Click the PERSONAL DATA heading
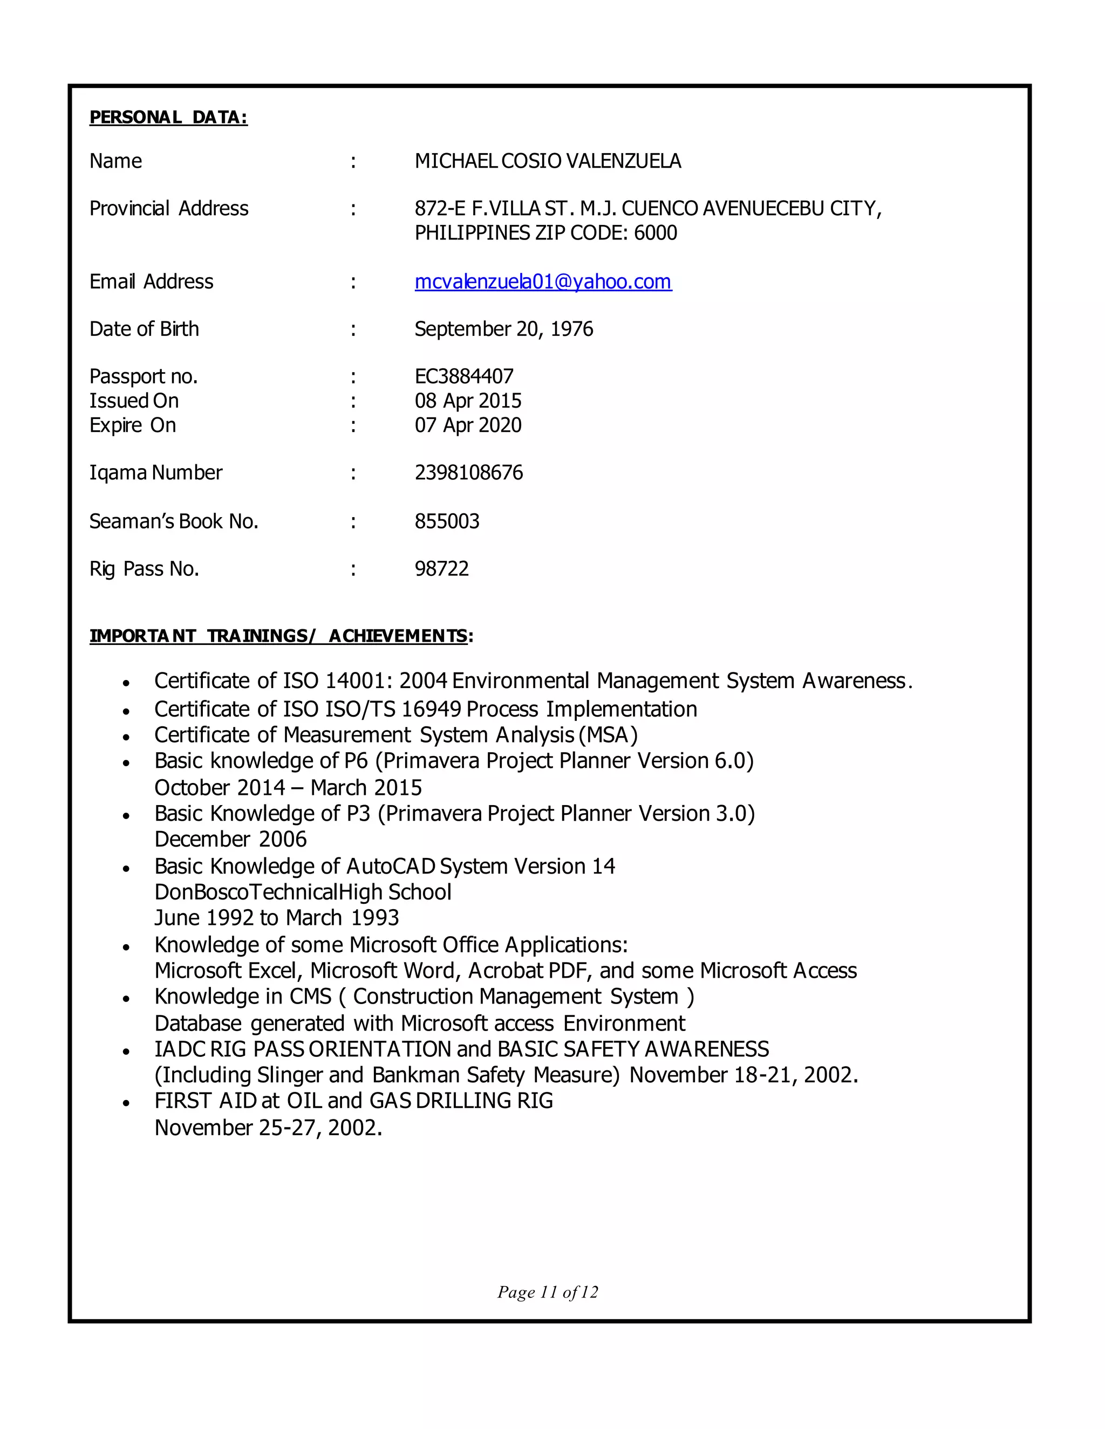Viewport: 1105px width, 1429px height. coord(168,117)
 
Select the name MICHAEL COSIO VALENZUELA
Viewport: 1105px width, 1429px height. coord(547,161)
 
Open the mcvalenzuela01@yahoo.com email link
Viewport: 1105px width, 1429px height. coord(543,281)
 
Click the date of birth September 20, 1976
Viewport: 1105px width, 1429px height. coord(503,328)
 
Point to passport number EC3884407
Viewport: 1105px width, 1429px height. coord(463,376)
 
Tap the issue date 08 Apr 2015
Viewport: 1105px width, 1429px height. coord(467,401)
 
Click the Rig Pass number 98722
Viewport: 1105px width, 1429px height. coord(441,568)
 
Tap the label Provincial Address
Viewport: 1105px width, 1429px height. coord(168,208)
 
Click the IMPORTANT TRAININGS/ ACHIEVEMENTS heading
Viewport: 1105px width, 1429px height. coord(280,636)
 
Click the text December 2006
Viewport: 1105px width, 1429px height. coord(230,839)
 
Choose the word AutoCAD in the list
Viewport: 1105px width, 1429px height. coord(391,867)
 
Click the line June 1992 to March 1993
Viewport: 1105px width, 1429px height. coord(276,917)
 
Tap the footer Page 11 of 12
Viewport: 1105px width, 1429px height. coord(547,1292)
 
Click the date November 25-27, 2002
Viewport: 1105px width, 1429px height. coord(268,1128)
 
